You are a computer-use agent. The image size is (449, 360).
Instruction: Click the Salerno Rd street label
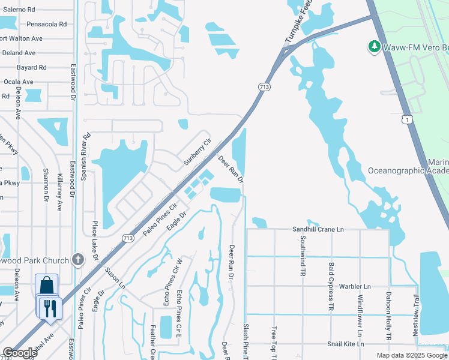pos(20,10)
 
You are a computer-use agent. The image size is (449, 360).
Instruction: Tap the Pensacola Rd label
pos(46,25)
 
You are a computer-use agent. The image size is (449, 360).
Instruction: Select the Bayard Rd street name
pos(32,68)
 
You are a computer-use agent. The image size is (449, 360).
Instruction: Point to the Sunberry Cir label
pos(197,152)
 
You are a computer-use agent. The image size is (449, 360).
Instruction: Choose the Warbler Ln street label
pos(355,287)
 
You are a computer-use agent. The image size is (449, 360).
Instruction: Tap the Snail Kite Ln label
pos(346,344)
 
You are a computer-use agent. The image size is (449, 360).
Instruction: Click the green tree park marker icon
pos(375,46)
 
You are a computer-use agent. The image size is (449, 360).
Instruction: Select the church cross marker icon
pos(76,260)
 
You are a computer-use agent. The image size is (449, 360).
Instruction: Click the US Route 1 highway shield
pos(408,120)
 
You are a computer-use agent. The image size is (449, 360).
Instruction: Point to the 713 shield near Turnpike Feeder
pos(265,87)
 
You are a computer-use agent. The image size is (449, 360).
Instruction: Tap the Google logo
pos(19,353)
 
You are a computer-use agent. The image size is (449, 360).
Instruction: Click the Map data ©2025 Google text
pos(411,355)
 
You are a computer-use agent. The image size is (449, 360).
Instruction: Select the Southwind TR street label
pos(302,256)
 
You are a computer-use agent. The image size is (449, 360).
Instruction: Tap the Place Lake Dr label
pos(95,242)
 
